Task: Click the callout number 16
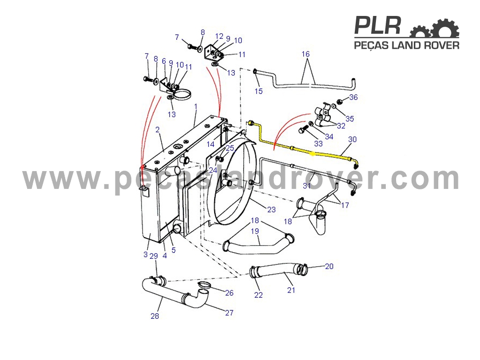click(x=306, y=54)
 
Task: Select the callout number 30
click(x=352, y=139)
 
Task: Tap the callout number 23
click(x=271, y=210)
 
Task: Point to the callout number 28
click(x=155, y=315)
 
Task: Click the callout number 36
click(x=353, y=97)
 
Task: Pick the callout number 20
click(x=329, y=266)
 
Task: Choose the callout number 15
click(x=259, y=91)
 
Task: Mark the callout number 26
click(x=229, y=293)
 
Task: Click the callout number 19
click(x=255, y=231)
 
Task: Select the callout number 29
click(x=154, y=256)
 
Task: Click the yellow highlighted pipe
click(x=303, y=148)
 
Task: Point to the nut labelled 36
click(x=339, y=102)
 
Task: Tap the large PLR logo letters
click(x=378, y=25)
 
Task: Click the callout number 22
click(x=258, y=295)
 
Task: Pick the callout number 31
click(x=307, y=186)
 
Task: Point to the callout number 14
click(x=210, y=144)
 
